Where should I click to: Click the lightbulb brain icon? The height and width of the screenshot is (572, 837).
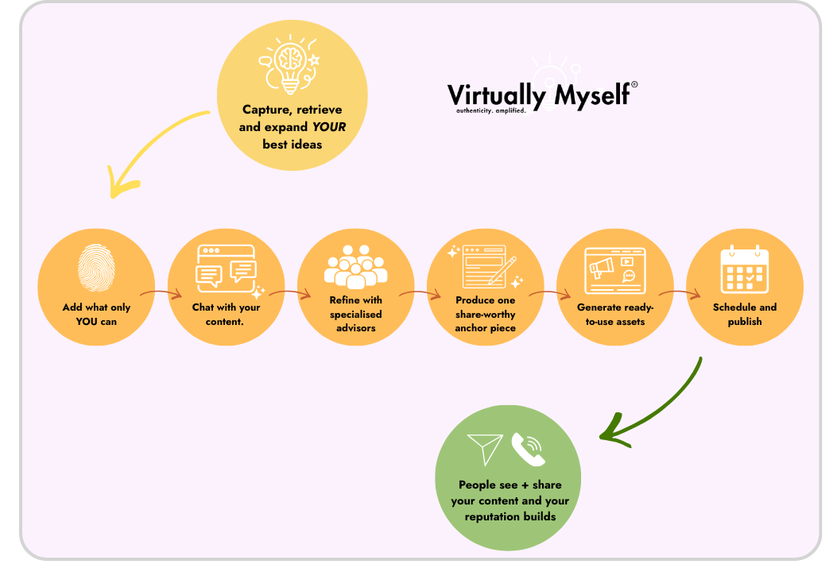[x=291, y=64]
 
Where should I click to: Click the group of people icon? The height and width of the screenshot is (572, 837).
[x=355, y=266]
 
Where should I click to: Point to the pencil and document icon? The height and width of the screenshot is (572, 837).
[x=485, y=267]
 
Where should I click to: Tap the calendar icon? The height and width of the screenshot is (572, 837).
[x=744, y=269]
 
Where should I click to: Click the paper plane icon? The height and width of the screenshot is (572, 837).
[x=485, y=449]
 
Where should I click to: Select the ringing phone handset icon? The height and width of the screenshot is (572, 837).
[x=528, y=449]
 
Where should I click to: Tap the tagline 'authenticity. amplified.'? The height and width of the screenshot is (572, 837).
[x=490, y=111]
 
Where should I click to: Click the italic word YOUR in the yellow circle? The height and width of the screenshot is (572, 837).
[x=328, y=127]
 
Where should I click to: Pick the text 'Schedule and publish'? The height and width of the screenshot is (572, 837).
[x=744, y=315]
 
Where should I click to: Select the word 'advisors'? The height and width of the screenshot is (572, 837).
[x=355, y=328]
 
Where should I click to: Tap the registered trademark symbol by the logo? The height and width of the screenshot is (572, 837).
[x=634, y=84]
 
